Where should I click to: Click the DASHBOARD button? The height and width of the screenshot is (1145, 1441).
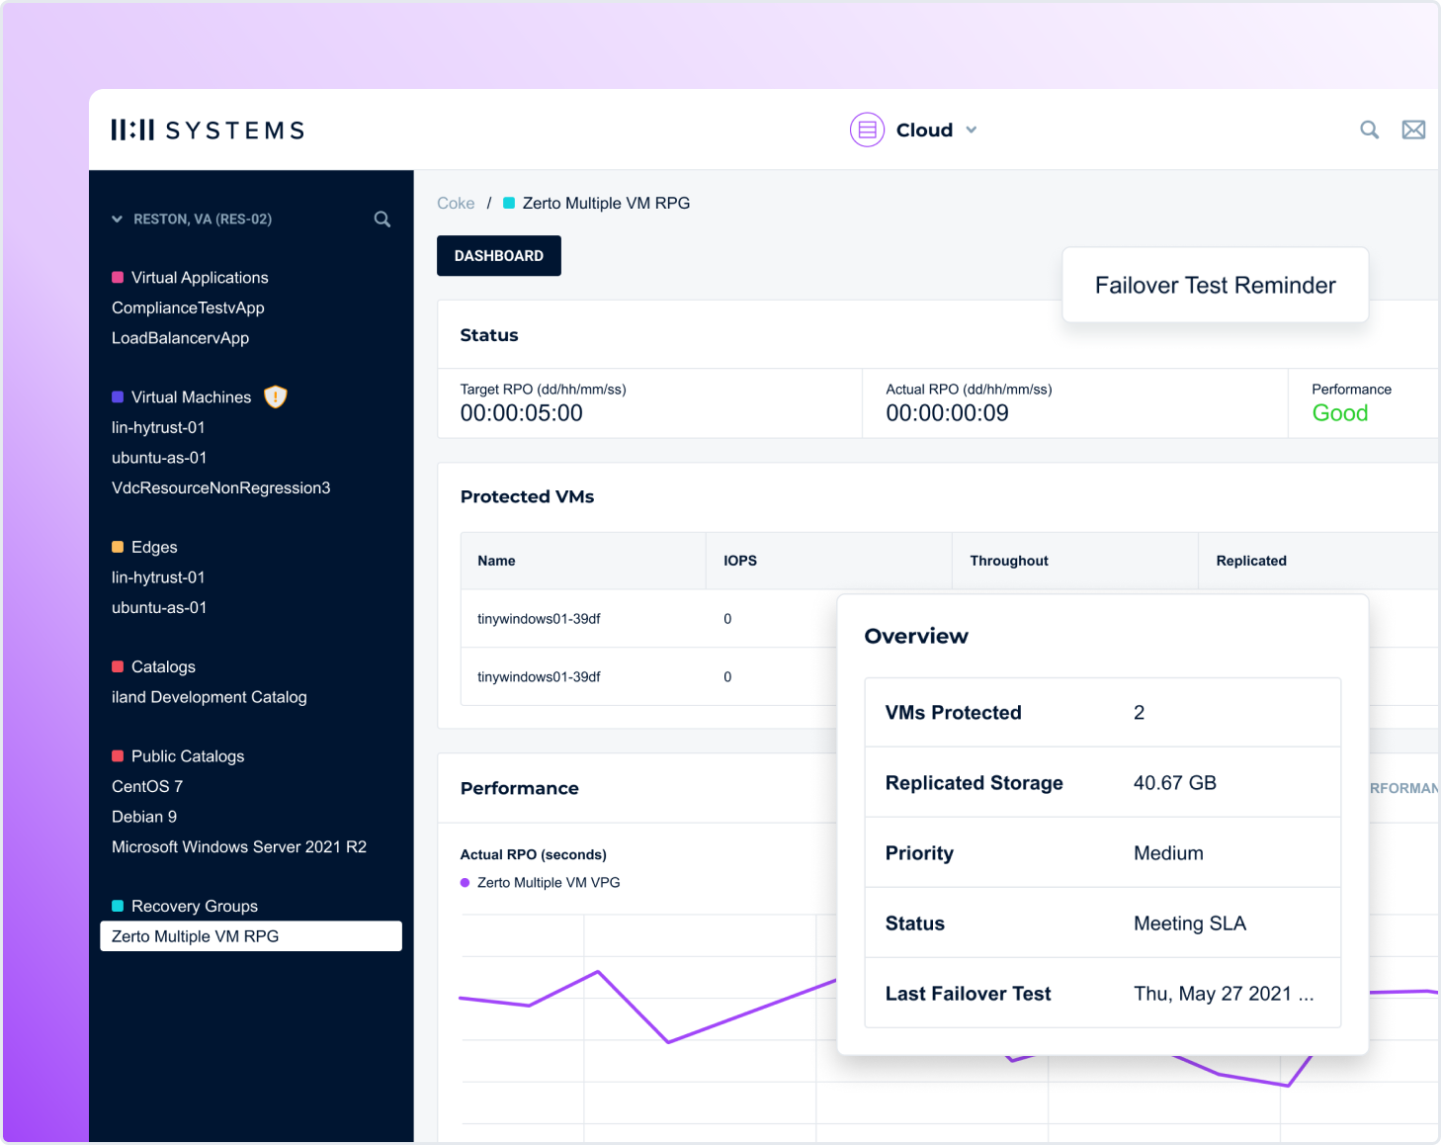tap(498, 256)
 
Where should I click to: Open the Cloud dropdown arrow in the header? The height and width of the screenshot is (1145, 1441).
tap(972, 131)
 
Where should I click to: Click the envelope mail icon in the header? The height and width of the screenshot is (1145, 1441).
tap(1413, 130)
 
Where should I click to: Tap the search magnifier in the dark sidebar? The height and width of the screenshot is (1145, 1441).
tap(382, 220)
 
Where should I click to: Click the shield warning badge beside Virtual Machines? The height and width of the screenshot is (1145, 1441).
tap(276, 396)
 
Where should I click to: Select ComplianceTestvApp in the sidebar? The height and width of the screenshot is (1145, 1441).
tap(188, 308)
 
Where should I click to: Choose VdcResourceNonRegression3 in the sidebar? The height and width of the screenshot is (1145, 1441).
tap(220, 487)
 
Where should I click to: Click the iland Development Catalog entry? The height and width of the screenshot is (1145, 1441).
tap(209, 697)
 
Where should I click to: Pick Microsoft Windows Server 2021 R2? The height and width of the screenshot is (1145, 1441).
tap(238, 846)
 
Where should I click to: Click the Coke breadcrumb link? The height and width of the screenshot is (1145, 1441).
tap(456, 203)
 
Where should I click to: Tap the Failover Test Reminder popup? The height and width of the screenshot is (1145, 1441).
tap(1215, 285)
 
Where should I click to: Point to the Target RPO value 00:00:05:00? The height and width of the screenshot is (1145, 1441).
tap(521, 413)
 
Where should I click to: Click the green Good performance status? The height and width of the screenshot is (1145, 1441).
tap(1339, 413)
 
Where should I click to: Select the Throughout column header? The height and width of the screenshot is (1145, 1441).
tap(1008, 561)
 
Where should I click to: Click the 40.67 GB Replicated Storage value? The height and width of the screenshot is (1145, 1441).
tap(1174, 783)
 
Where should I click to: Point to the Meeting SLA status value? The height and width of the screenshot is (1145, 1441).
tap(1189, 924)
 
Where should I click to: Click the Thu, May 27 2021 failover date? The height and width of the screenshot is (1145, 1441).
tap(1223, 994)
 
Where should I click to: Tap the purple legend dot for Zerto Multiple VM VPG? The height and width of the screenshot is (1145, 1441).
tap(465, 883)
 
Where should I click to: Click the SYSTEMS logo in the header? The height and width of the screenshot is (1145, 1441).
tap(208, 131)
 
